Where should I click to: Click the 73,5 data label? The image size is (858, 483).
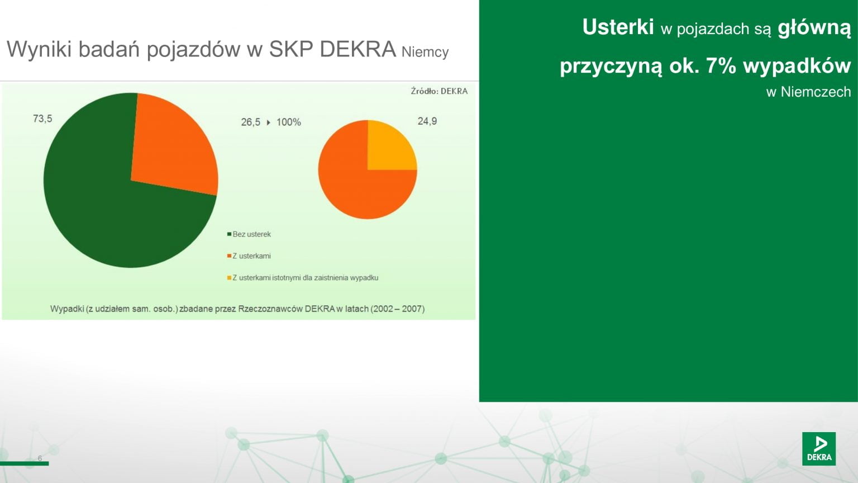(42, 119)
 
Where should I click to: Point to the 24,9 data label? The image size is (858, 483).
(427, 121)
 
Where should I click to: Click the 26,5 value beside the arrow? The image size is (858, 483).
(250, 122)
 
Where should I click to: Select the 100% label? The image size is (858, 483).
(289, 122)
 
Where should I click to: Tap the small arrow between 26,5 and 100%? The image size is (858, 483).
(269, 122)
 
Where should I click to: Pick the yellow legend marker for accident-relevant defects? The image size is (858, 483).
(229, 278)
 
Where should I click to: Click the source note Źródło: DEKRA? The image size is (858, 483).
(439, 91)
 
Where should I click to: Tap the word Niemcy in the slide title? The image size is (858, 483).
(425, 52)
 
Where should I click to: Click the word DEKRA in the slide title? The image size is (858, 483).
(357, 49)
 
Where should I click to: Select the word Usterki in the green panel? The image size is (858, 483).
(618, 27)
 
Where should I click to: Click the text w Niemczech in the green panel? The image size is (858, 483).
(809, 92)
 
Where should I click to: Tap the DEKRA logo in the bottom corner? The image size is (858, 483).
(819, 449)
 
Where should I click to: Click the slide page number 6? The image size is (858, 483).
(40, 458)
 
